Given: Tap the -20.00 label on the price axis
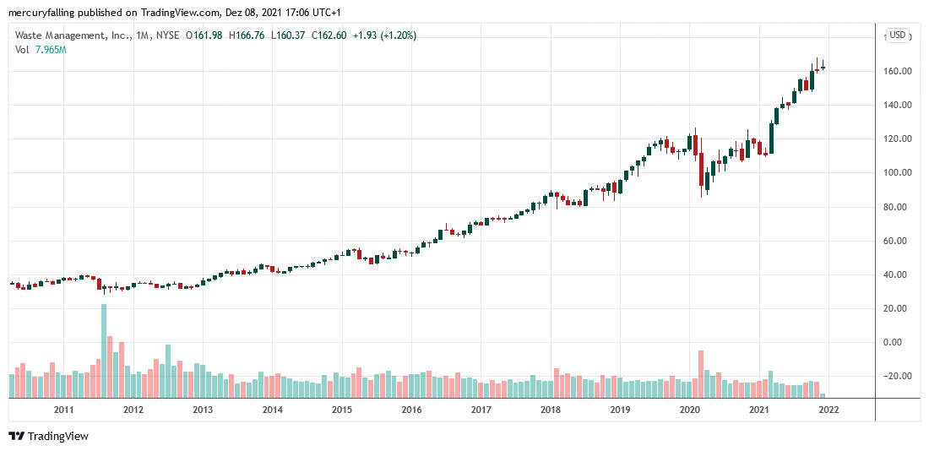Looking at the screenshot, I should click(x=895, y=377).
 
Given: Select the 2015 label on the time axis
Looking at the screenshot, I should click(x=341, y=410).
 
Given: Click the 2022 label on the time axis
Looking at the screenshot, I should click(x=828, y=410).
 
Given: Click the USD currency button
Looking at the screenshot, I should click(x=896, y=35).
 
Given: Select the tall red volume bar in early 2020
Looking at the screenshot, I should click(x=701, y=372).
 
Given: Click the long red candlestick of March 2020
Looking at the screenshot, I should click(x=701, y=169).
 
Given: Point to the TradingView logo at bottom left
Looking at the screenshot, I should click(x=48, y=436).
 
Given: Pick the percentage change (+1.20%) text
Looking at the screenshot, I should click(x=397, y=35).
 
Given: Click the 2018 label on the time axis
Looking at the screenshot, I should click(x=550, y=410).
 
